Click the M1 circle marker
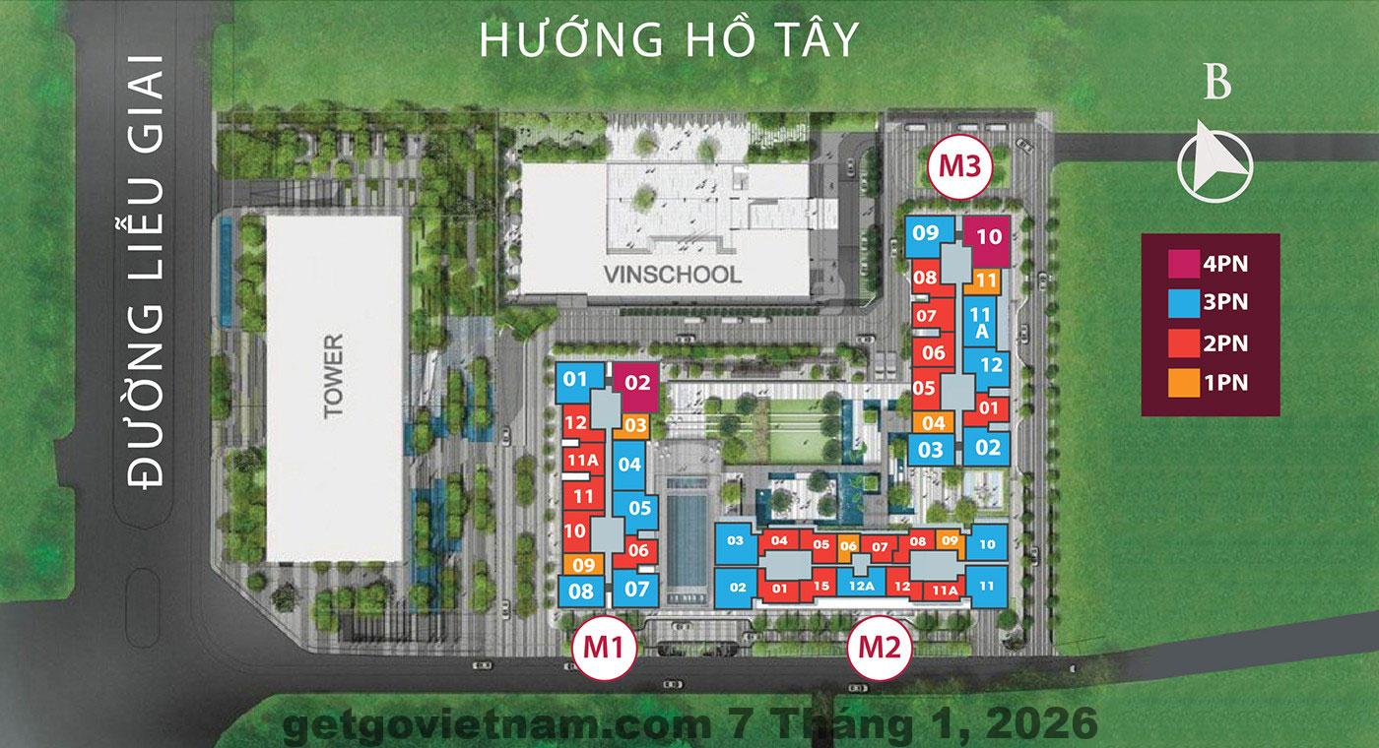point(605,647)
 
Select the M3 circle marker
point(959,165)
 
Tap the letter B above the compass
point(1217,86)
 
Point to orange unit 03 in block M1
point(635,426)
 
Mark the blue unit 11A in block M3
point(980,323)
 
